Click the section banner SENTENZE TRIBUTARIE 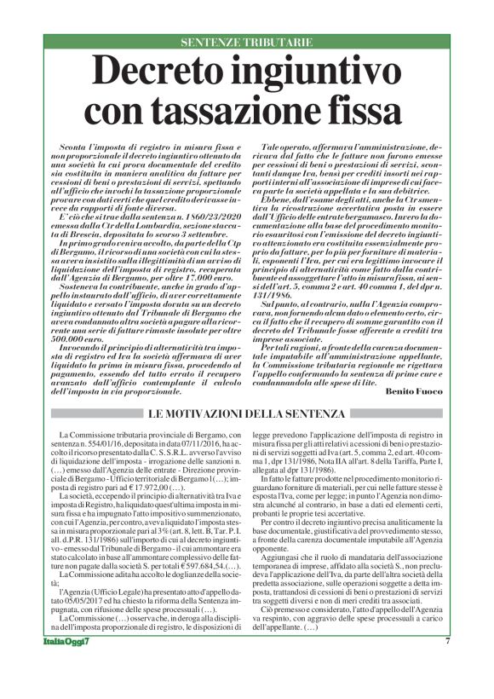pyautogui.click(x=246, y=42)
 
